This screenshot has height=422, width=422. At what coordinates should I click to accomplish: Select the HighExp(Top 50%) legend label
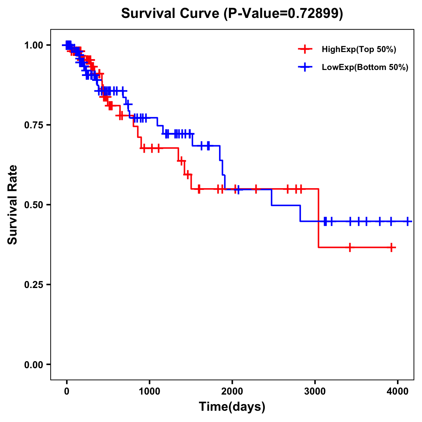pyautogui.click(x=359, y=50)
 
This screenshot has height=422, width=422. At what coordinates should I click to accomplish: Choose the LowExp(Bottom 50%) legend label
pyautogui.click(x=365, y=67)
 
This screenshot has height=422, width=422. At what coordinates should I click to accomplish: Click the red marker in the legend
pyautogui.click(x=305, y=49)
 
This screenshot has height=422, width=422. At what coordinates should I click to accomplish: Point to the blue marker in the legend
pyautogui.click(x=305, y=67)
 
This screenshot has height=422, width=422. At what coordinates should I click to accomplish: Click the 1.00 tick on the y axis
pyautogui.click(x=33, y=45)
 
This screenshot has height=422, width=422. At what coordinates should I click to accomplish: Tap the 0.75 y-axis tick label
pyautogui.click(x=33, y=125)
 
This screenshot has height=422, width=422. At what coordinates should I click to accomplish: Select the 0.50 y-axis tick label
pyautogui.click(x=33, y=205)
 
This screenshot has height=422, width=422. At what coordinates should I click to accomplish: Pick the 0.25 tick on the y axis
pyautogui.click(x=33, y=284)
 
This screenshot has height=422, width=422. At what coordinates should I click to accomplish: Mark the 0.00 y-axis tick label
pyautogui.click(x=33, y=364)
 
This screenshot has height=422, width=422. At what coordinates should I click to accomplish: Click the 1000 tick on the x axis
pyautogui.click(x=149, y=391)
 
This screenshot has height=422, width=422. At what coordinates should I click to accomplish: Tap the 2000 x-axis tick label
pyautogui.click(x=232, y=391)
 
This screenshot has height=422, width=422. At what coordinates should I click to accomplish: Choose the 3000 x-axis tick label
pyautogui.click(x=315, y=391)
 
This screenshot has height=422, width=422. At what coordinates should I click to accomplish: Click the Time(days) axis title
pyautogui.click(x=232, y=407)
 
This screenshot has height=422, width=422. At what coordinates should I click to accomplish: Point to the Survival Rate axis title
pyautogui.click(x=13, y=205)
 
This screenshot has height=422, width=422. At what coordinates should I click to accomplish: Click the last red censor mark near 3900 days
pyautogui.click(x=391, y=248)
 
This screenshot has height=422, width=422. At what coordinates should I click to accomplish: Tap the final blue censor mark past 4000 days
pyautogui.click(x=408, y=221)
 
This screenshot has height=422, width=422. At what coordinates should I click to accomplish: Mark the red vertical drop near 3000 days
pyautogui.click(x=319, y=218)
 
